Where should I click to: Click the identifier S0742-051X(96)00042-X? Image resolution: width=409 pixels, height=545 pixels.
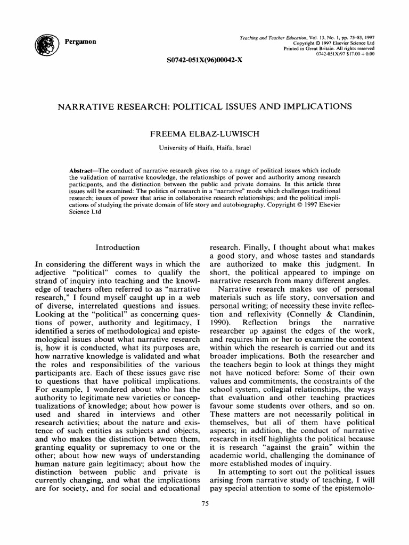204,60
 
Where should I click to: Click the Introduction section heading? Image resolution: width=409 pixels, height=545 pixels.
117,247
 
